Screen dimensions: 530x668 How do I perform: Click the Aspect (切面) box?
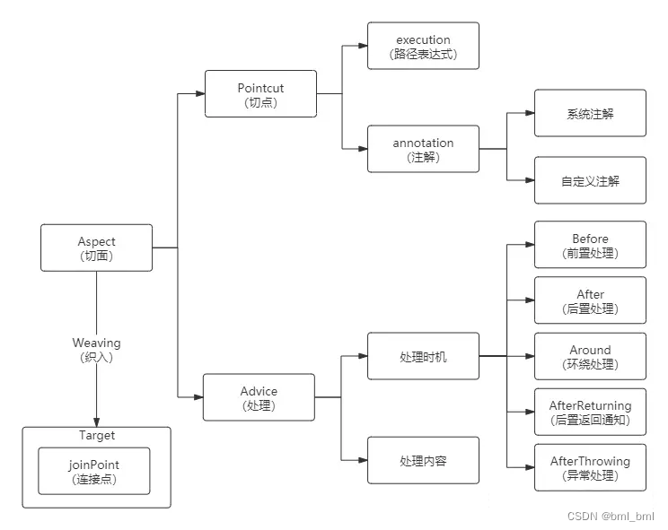[x=96, y=248]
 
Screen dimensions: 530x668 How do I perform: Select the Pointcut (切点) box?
[x=260, y=93]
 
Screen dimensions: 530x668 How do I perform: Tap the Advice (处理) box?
[x=259, y=397]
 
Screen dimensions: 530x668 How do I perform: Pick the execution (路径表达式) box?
[x=423, y=46]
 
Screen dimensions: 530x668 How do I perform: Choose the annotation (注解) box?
[x=423, y=149]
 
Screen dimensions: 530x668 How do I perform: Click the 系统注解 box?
[x=590, y=113]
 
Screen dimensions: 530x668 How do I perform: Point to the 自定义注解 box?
[x=590, y=180]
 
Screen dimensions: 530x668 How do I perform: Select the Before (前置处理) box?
[x=590, y=245]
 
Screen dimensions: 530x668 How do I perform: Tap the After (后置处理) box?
[x=590, y=300]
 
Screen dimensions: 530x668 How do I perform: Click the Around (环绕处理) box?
[x=590, y=356]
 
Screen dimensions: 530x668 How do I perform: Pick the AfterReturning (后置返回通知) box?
[x=590, y=412]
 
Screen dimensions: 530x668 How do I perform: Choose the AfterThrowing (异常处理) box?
[x=590, y=467]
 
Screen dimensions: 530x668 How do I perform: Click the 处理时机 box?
[x=423, y=356]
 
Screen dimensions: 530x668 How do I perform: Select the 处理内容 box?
[x=423, y=460]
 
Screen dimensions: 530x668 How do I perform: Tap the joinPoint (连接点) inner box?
[x=93, y=471]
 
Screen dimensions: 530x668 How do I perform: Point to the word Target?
[x=96, y=436]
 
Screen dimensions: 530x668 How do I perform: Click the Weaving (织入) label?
[x=96, y=349]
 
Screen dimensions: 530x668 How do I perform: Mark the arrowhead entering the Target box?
[x=96, y=421]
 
